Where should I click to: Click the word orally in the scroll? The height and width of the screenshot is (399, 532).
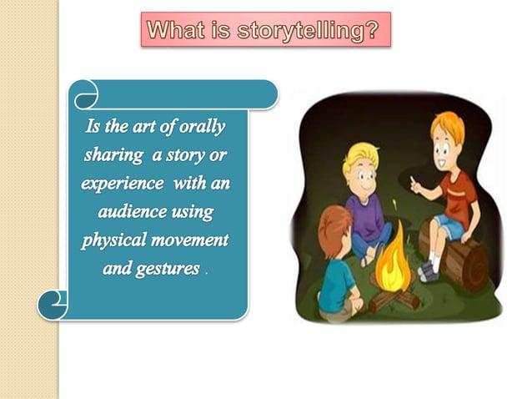click(203, 129)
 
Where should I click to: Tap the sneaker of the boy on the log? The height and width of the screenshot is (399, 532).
click(428, 270)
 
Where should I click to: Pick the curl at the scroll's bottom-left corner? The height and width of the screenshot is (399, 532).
click(52, 303)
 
